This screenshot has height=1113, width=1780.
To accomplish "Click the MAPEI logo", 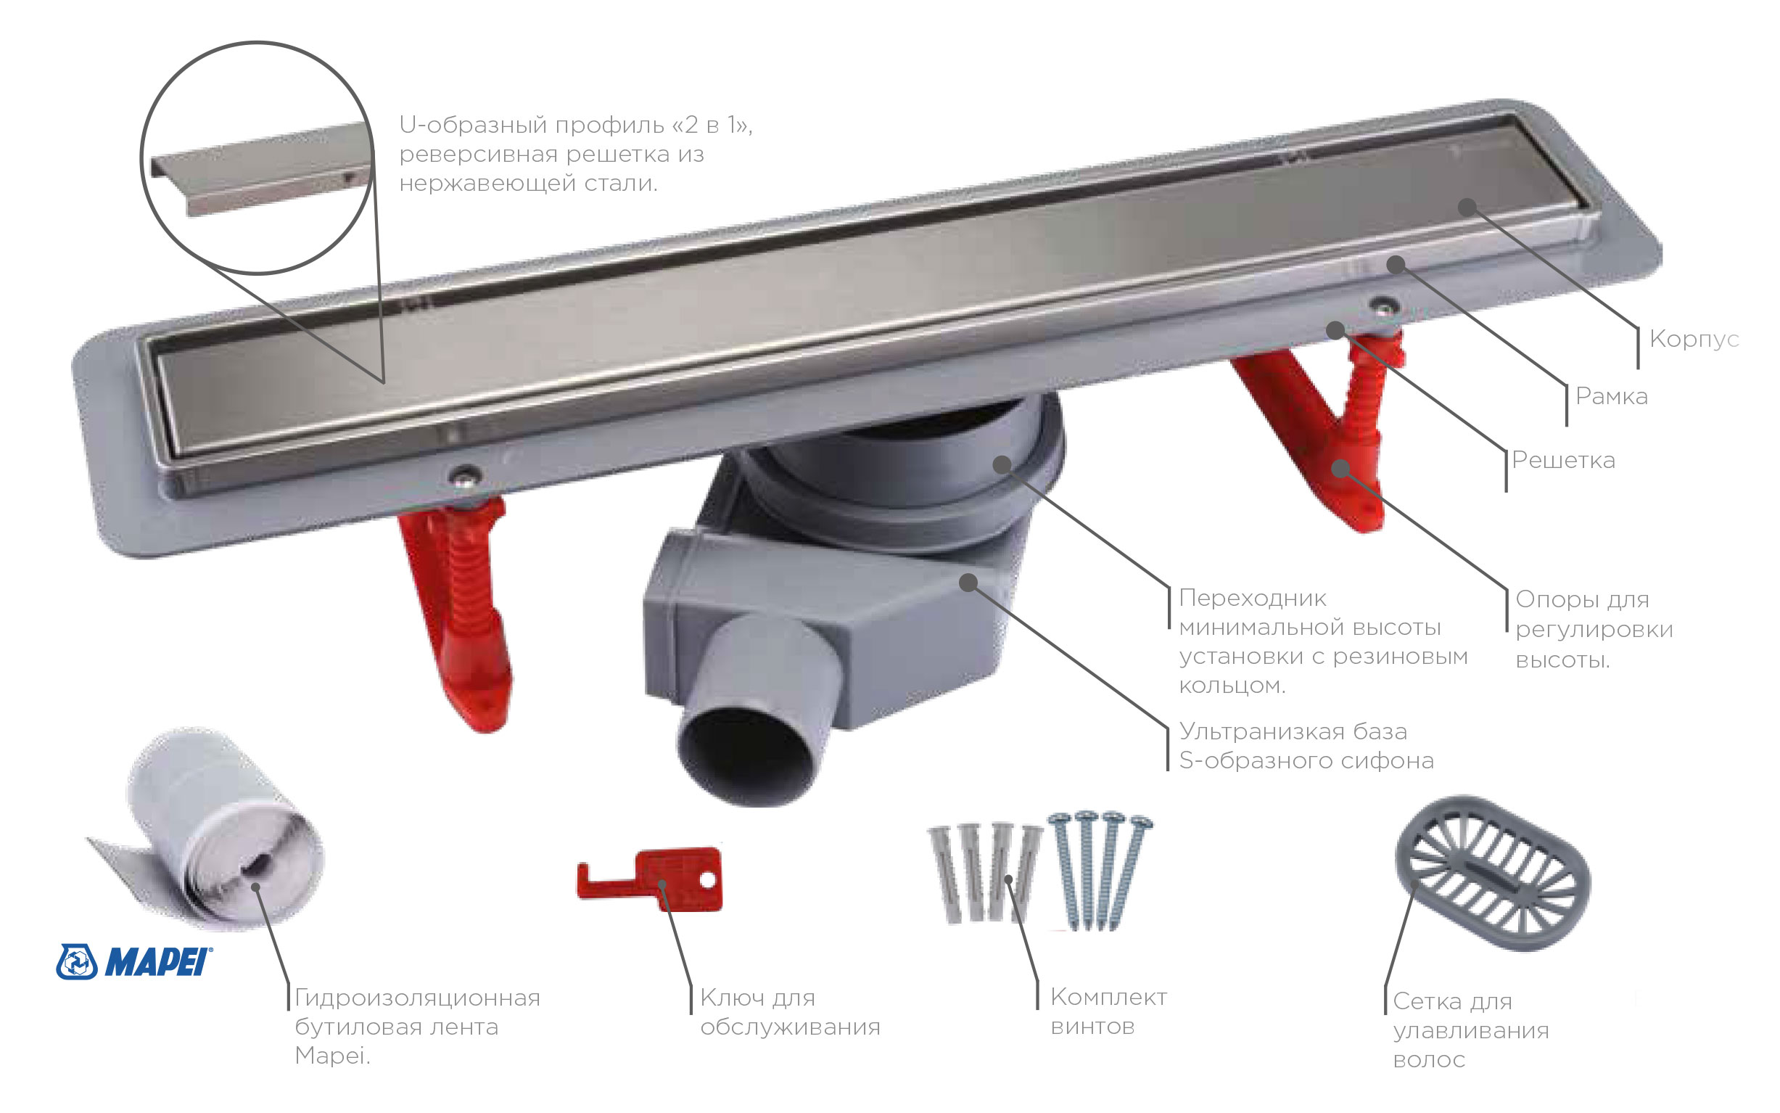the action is click(133, 961).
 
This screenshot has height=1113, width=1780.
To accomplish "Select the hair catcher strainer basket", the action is click(1491, 871).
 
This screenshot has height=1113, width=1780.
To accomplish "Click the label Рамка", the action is click(1612, 396).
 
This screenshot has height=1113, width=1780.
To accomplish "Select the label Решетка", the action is click(1564, 460).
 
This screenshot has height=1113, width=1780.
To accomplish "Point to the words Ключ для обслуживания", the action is click(791, 1012).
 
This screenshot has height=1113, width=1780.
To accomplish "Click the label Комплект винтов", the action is click(1108, 1011).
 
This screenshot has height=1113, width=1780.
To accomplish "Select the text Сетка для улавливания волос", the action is click(1470, 1030).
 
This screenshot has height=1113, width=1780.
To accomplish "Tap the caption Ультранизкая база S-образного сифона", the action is click(1306, 746).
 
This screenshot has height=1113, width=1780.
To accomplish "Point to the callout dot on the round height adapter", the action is click(1002, 464).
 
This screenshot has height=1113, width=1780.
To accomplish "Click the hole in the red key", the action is click(708, 879).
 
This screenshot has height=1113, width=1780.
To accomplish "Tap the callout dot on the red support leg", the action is click(1341, 467).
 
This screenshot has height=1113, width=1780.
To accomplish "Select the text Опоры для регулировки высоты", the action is click(1594, 629).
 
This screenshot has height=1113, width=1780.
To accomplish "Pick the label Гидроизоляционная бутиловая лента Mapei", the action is click(417, 1027).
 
